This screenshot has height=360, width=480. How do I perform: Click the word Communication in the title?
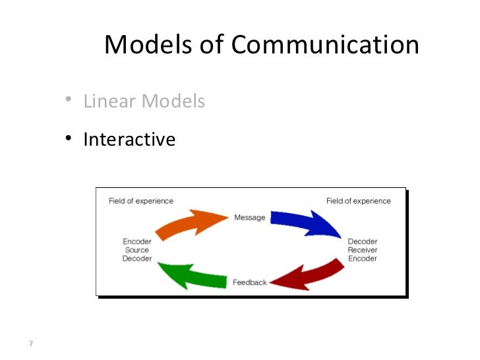point(325,45)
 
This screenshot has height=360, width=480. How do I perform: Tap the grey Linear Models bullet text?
point(144,102)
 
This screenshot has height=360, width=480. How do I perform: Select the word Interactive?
point(129,139)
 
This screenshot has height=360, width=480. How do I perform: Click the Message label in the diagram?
point(250,218)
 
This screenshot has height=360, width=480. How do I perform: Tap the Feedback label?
point(250,282)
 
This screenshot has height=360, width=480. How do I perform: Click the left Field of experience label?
point(140,201)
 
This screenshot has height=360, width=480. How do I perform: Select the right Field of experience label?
point(359,201)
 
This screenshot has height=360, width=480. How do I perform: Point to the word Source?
point(137,250)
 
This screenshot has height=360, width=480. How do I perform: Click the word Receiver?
point(362,250)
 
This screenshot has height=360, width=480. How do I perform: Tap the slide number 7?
point(31,342)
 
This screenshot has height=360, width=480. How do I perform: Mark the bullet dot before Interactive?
point(69,138)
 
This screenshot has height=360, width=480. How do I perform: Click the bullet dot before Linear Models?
point(69,101)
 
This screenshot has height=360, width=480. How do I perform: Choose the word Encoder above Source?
point(137,241)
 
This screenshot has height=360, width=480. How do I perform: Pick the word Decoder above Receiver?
point(362,241)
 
